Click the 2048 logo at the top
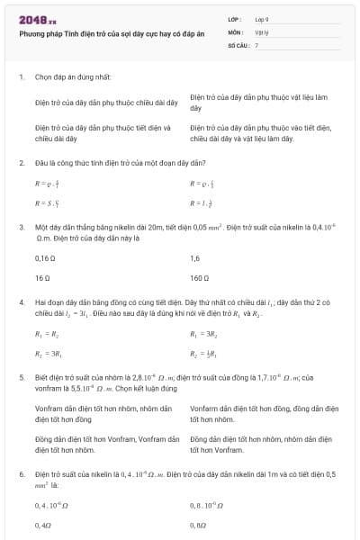click(37, 19)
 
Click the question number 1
click(21, 76)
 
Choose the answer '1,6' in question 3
click(195, 258)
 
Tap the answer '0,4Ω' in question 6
click(42, 524)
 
